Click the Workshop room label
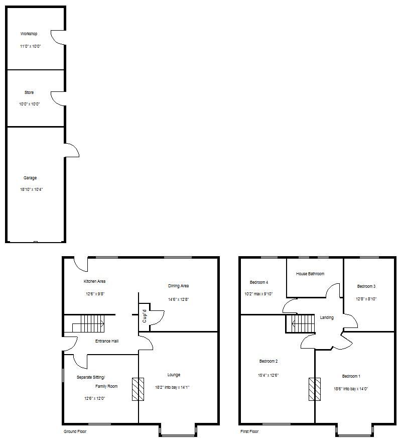coord(29,34)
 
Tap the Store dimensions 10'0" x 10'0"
coord(29,104)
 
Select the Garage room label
coord(30,178)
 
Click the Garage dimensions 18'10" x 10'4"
coord(31,189)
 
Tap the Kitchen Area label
coord(94,281)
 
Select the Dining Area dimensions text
coord(178,299)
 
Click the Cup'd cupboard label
coord(145,317)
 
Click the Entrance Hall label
coord(107,341)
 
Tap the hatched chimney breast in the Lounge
coord(138,389)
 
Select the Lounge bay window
coord(178,430)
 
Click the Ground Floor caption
coord(75,431)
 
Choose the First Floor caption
coord(249,431)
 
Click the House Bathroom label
coord(310,274)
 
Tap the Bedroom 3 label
coord(366,286)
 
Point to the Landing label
coord(327,317)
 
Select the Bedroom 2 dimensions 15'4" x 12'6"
coord(269,375)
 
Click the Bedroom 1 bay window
coord(354,430)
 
